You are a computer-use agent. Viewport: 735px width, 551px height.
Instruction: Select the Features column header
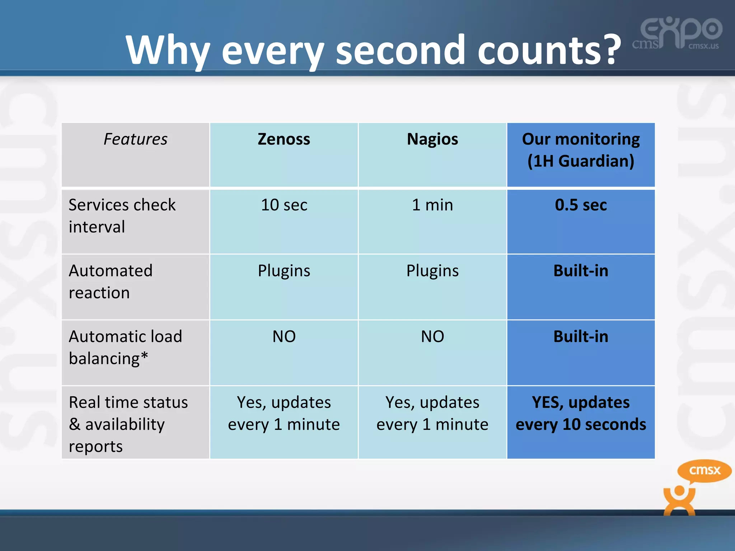click(x=135, y=139)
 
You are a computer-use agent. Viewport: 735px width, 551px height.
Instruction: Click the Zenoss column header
click(x=284, y=139)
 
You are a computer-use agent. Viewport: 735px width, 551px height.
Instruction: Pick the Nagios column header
click(x=432, y=139)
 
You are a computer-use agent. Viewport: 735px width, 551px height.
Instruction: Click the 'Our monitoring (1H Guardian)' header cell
click(x=581, y=150)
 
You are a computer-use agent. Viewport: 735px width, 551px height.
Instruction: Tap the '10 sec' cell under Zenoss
click(x=284, y=205)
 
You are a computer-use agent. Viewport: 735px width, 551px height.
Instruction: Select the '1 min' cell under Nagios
click(x=432, y=205)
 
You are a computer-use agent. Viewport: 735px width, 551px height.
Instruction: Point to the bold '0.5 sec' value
click(x=581, y=205)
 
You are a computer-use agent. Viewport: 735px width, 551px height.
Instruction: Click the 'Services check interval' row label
click(x=122, y=216)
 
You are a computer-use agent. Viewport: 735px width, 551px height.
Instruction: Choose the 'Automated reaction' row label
click(x=111, y=282)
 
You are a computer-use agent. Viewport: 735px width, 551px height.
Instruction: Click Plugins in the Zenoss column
click(x=284, y=271)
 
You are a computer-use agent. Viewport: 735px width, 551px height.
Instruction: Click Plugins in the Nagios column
click(x=432, y=271)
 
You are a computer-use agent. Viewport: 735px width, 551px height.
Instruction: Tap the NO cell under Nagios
click(x=432, y=337)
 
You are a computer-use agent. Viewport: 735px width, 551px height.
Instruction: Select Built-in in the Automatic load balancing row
click(x=581, y=337)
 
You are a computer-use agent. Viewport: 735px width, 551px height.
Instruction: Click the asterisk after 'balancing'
click(x=144, y=356)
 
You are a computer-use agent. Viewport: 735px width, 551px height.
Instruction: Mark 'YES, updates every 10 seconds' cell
click(x=581, y=413)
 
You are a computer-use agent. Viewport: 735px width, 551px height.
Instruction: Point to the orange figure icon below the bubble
click(x=679, y=500)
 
